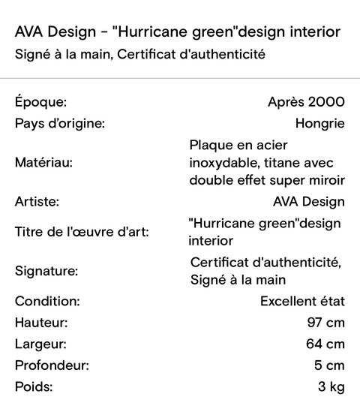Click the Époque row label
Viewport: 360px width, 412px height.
40,102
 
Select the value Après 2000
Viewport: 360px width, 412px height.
306,102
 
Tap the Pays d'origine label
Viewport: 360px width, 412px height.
59,124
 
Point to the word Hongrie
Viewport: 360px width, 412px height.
320,124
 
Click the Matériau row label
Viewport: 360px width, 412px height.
44,161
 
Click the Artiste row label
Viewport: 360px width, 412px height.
37,202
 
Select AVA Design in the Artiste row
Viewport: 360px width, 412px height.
309,202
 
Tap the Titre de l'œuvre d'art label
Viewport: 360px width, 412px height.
82,232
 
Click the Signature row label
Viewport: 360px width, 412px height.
46,270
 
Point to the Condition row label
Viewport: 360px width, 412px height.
46,302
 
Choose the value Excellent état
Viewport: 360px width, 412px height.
302,302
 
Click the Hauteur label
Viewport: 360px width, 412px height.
41,323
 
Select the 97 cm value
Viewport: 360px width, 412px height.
326,323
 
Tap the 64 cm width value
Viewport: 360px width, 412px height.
326,344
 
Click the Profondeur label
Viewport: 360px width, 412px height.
52,366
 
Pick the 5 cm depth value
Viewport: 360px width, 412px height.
330,366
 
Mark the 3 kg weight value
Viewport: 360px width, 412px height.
331,388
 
